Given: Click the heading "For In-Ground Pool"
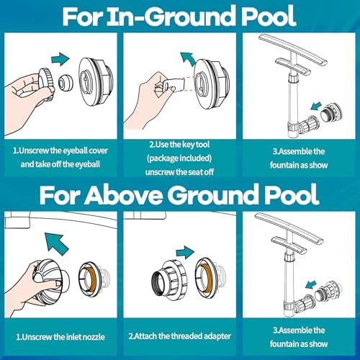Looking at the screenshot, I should point(179,16).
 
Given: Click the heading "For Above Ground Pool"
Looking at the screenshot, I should point(179,195).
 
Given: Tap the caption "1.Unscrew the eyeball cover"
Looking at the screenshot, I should point(60,152).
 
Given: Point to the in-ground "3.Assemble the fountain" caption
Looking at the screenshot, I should point(299,157).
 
